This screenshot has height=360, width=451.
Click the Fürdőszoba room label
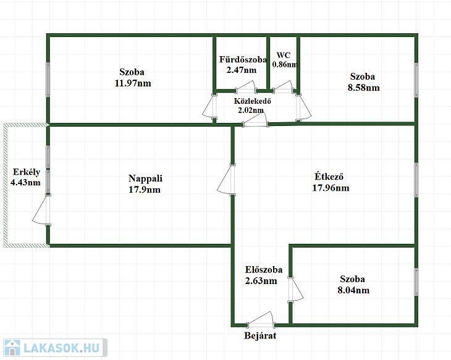tap(243, 59)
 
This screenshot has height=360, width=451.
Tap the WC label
tap(284, 55)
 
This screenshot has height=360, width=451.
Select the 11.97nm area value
tap(133, 83)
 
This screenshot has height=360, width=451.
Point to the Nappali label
tap(145, 178)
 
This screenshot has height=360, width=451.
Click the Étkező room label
tap(329, 176)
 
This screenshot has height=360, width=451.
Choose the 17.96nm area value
tap(331, 188)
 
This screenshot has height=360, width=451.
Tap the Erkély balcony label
tap(27, 172)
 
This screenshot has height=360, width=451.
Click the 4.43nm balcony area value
tap(25, 182)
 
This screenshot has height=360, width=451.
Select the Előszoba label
tap(264, 270)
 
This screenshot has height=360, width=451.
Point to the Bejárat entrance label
tap(260, 335)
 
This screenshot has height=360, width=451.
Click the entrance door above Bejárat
tap(260, 320)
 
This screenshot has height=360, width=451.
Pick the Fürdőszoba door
tap(247, 87)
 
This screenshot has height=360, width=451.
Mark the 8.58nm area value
tap(363, 88)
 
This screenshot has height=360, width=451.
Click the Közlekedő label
tap(252, 101)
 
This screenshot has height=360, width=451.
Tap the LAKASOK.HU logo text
tap(62, 348)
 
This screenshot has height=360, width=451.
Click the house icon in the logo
tap(12, 348)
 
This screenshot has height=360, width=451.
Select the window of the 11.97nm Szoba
tap(48, 80)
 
